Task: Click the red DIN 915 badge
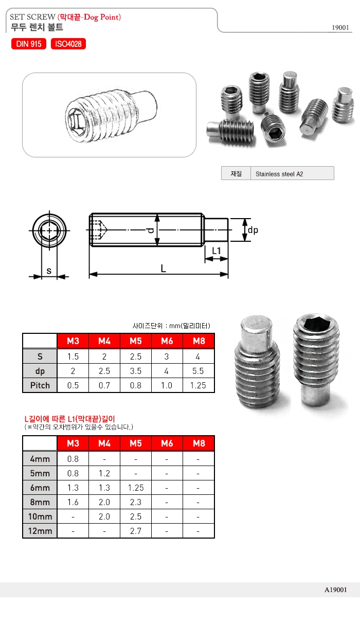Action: tap(29, 44)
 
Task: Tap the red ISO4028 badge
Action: tap(68, 44)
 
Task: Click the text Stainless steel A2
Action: tap(279, 174)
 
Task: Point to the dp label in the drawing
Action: tap(253, 230)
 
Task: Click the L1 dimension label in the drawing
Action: tap(217, 251)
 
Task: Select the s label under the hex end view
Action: tap(49, 271)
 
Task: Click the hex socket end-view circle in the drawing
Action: tap(49, 231)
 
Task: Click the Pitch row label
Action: tap(40, 385)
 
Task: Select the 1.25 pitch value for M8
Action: tap(198, 385)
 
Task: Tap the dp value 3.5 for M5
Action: tap(135, 371)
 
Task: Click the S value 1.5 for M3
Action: tap(73, 356)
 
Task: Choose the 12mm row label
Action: tap(40, 531)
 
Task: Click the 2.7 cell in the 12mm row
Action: tap(135, 531)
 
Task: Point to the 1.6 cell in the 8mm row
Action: tap(73, 502)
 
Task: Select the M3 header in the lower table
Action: tap(73, 443)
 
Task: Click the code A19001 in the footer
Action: tap(335, 590)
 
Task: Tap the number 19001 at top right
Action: tap(340, 28)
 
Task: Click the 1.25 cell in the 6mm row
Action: tap(135, 488)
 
